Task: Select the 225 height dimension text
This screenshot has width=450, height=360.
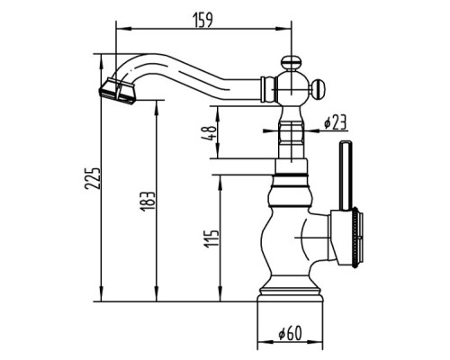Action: [92, 178]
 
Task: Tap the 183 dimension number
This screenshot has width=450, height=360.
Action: [148, 201]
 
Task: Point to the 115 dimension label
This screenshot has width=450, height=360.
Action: [211, 238]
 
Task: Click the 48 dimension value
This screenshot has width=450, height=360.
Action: [210, 133]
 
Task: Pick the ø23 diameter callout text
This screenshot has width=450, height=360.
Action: [335, 122]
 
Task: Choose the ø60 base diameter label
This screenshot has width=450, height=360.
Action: [290, 333]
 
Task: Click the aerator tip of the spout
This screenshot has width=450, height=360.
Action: [117, 91]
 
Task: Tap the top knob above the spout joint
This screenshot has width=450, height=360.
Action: [291, 63]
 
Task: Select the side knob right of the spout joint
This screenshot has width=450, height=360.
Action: [319, 89]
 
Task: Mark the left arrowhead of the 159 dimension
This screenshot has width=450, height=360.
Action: [123, 29]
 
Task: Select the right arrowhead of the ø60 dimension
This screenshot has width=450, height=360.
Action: [316, 342]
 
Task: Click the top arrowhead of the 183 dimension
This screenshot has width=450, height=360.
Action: [156, 108]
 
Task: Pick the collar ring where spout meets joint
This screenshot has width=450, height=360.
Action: [263, 89]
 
